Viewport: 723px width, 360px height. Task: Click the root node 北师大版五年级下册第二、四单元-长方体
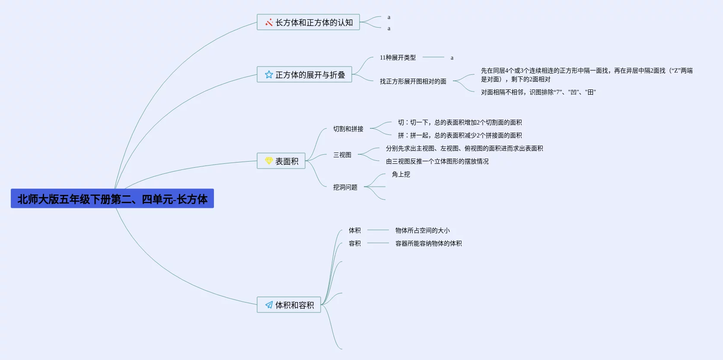112,199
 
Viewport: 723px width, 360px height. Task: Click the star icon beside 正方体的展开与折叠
269,75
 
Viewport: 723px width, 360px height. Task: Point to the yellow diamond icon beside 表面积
269,161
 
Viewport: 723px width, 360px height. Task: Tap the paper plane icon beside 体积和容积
269,305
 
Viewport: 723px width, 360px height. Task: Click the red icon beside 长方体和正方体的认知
269,22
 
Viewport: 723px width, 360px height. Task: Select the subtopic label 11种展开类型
398,57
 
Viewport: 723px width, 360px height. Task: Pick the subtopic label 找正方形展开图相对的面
413,81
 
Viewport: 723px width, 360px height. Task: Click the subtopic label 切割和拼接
348,129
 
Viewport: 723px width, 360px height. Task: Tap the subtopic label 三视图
342,155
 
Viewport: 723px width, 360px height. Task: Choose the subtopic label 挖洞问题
345,187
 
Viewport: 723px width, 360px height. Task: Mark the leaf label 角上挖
401,174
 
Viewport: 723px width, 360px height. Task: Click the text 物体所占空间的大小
422,230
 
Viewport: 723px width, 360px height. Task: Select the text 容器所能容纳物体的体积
428,243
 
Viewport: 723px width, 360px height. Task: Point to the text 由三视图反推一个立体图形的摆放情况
437,161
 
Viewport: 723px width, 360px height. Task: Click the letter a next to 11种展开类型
452,58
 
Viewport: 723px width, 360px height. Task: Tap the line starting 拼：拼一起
459,135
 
